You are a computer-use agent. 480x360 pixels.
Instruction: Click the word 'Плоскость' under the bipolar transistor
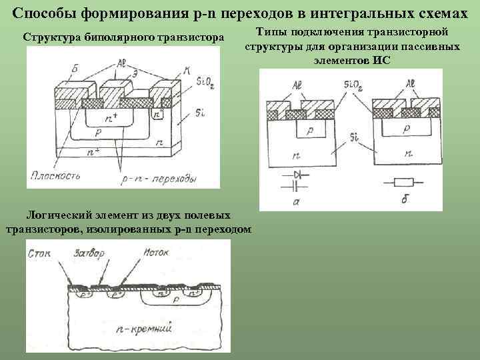point(55,177)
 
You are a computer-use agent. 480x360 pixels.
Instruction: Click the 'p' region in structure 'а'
point(309,132)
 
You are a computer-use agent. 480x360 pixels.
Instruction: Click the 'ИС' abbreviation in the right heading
point(383,60)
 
